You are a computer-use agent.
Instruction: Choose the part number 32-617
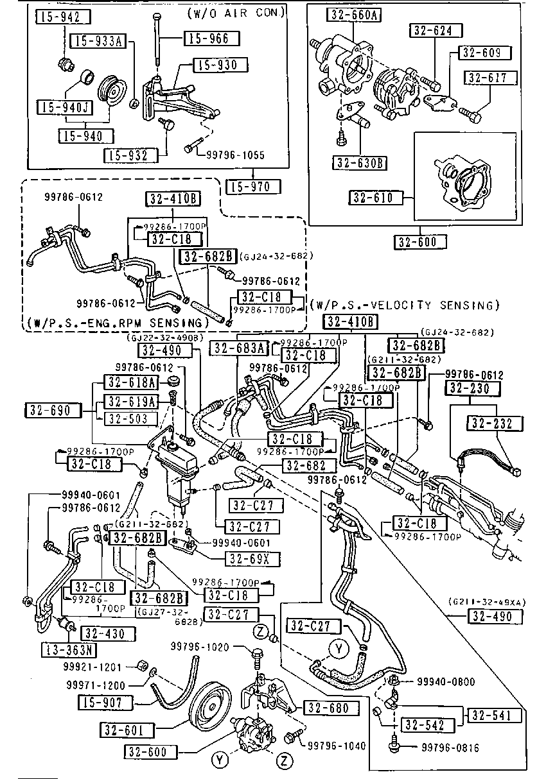[x=491, y=78]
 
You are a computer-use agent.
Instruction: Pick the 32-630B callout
[x=359, y=162]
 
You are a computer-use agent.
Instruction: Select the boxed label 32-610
[x=376, y=197]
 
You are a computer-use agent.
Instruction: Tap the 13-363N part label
[x=69, y=649]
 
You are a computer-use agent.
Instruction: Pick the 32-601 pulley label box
[x=128, y=730]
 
